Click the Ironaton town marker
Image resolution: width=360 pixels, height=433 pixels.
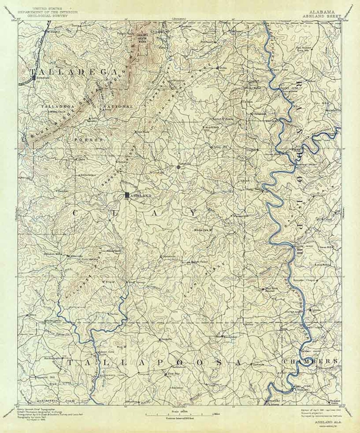click(x=33, y=76)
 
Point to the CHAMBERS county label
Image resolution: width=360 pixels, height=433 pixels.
click(x=310, y=361)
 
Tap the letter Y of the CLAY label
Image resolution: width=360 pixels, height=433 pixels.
click(x=193, y=213)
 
